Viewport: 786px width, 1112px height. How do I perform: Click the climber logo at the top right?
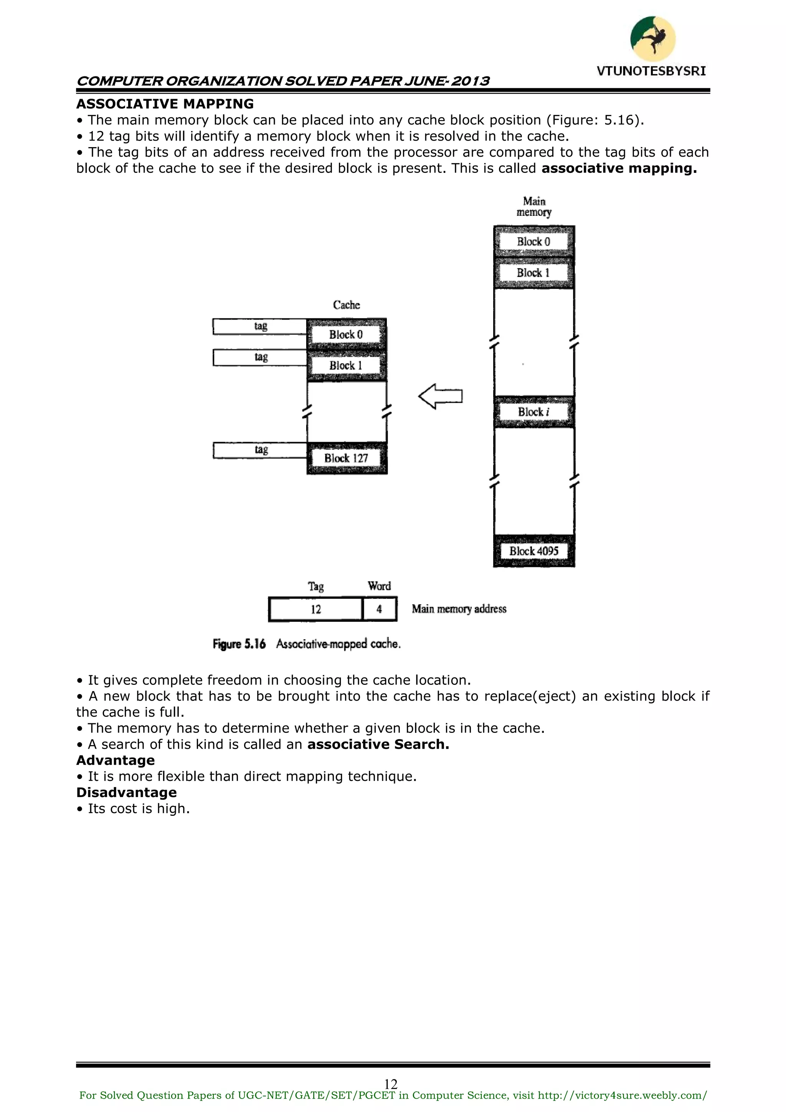click(652, 39)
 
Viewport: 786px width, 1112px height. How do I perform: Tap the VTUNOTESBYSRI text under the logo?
click(651, 71)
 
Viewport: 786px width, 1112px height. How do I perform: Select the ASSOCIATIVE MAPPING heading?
click(165, 104)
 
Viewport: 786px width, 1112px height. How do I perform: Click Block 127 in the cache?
click(347, 458)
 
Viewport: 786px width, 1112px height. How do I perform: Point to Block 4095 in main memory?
click(534, 551)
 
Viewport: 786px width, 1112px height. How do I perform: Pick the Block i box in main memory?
click(534, 412)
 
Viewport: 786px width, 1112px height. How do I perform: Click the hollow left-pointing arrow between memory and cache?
click(441, 396)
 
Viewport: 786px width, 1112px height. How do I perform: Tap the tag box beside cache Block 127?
click(260, 450)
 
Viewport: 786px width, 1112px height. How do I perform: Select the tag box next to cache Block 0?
click(260, 326)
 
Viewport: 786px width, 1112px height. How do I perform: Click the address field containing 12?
click(315, 609)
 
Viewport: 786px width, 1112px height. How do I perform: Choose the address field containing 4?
click(380, 609)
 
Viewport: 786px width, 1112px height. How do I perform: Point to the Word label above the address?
click(379, 586)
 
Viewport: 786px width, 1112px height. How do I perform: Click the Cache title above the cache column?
click(347, 305)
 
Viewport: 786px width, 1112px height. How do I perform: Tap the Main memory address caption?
click(459, 609)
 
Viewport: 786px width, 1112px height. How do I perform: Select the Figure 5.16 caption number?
click(239, 644)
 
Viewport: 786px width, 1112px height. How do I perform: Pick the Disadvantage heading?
click(127, 792)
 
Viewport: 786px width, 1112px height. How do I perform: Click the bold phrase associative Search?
click(378, 744)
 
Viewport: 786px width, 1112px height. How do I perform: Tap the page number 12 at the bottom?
click(391, 1084)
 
